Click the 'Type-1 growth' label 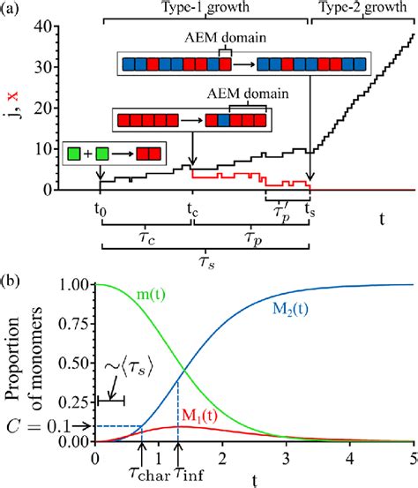coord(205,7)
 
